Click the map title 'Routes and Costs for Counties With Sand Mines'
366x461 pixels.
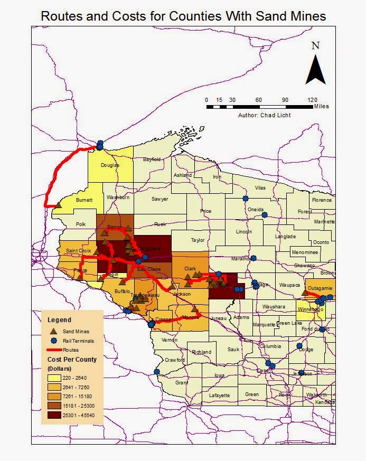[x=183, y=16]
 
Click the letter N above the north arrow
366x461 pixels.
[x=315, y=45]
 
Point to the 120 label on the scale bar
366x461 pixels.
[x=312, y=100]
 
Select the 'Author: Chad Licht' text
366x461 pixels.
[x=264, y=115]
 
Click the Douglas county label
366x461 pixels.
[x=110, y=165]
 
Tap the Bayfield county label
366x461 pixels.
[x=151, y=159]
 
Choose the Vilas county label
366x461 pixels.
[x=260, y=187]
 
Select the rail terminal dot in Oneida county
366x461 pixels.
[x=265, y=215]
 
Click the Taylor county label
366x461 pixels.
[x=198, y=240]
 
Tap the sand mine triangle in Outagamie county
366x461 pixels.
[x=304, y=292]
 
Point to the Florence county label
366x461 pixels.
[x=322, y=200]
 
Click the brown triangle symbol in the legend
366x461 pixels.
[x=54, y=331]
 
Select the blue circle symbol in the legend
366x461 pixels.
[x=54, y=341]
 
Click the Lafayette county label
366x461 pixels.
[x=219, y=395]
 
